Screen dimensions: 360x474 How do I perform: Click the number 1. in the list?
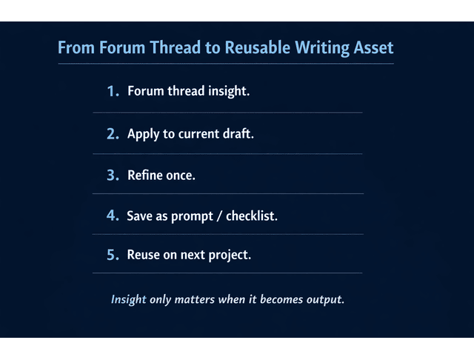coord(113,92)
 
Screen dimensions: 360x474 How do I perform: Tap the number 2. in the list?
coord(113,134)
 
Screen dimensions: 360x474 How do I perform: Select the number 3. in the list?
coord(113,176)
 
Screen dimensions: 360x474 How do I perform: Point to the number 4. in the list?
coord(113,216)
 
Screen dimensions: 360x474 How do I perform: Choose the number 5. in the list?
coord(113,255)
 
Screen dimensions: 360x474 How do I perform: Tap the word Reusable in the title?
coord(258,48)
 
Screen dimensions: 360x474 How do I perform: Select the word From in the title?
coord(76,48)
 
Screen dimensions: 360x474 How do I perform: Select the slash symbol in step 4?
coord(217,216)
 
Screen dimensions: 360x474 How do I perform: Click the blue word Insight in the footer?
coord(128,300)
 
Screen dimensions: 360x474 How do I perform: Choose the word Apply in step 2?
coord(142,135)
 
